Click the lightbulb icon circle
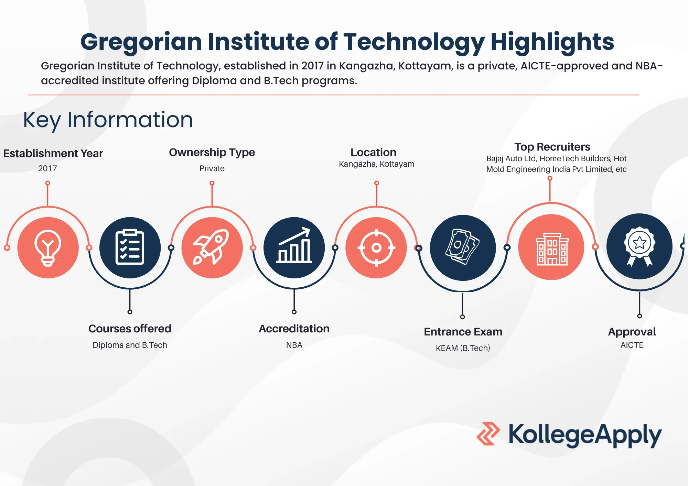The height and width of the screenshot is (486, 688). point(48,247)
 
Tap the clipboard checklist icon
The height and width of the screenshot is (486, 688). point(130,247)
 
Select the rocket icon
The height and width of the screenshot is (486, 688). point(212,247)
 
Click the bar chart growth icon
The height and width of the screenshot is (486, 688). point(294,247)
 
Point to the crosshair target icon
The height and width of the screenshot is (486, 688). point(376,247)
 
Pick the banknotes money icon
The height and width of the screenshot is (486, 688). point(463,247)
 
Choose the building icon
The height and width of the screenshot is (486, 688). point(551,247)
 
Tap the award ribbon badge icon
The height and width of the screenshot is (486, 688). point(639,246)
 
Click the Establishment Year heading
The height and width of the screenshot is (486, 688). point(53,153)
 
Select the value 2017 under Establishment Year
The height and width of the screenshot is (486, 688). point(47,168)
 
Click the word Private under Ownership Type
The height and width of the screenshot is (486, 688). point(212,168)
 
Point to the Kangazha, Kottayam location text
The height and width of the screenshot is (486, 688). point(376,164)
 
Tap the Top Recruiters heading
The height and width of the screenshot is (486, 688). point(552,147)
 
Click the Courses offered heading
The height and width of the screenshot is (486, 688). point(130,329)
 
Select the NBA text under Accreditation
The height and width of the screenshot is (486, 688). point(294,345)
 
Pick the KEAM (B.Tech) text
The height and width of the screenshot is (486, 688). point(463,348)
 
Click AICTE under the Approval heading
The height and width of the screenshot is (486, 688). point(632,345)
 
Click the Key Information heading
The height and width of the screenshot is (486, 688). point(108,120)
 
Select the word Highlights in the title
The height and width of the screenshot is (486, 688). point(552,42)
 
